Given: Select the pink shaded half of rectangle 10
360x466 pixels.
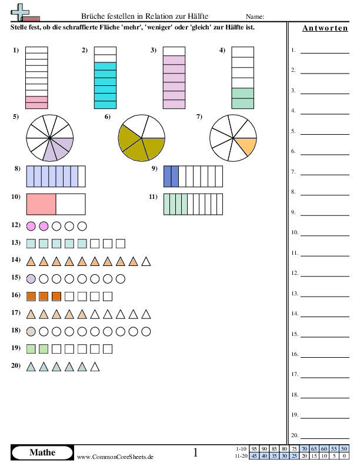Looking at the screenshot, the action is point(41,204).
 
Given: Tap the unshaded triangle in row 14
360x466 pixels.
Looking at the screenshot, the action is point(146,261).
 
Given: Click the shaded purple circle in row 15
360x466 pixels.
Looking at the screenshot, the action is point(31,279).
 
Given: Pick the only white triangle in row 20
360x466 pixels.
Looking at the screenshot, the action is point(95,367).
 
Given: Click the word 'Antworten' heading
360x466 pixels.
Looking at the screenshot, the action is point(325,28).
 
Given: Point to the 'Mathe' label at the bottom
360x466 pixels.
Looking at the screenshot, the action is point(42,452).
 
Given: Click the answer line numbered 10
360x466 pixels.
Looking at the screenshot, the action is point(325,236).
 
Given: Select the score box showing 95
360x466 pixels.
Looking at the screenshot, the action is point(254,448).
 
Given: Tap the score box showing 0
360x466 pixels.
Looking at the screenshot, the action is point(344,455).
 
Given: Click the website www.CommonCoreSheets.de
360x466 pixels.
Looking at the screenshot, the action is point(115,457).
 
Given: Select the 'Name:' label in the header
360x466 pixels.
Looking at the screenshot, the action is point(255,16).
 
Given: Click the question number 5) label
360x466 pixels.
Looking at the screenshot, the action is point(16,116).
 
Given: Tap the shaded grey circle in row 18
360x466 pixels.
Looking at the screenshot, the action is point(31,331).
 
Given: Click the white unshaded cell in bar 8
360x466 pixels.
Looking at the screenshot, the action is point(82,177).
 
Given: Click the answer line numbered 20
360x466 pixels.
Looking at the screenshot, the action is point(325,438).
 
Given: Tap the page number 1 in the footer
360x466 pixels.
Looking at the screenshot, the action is point(195,452).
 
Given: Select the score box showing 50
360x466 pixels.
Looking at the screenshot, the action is point(344,448).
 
